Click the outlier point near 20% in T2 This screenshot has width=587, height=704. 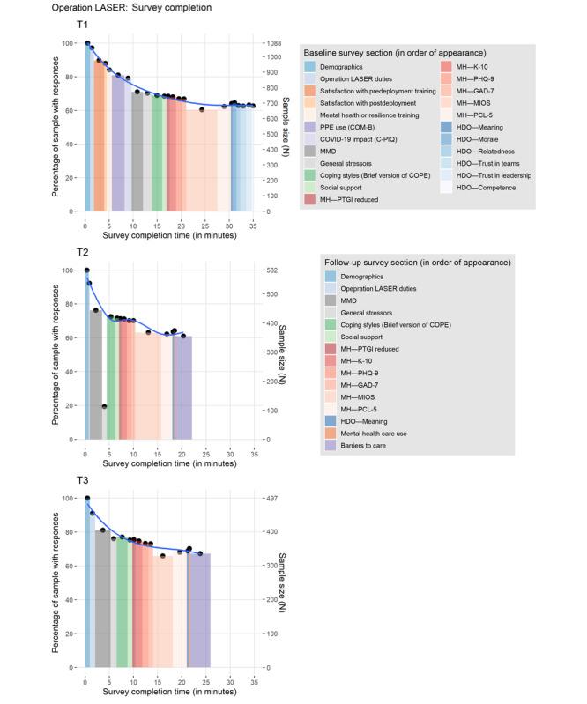[104, 406]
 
